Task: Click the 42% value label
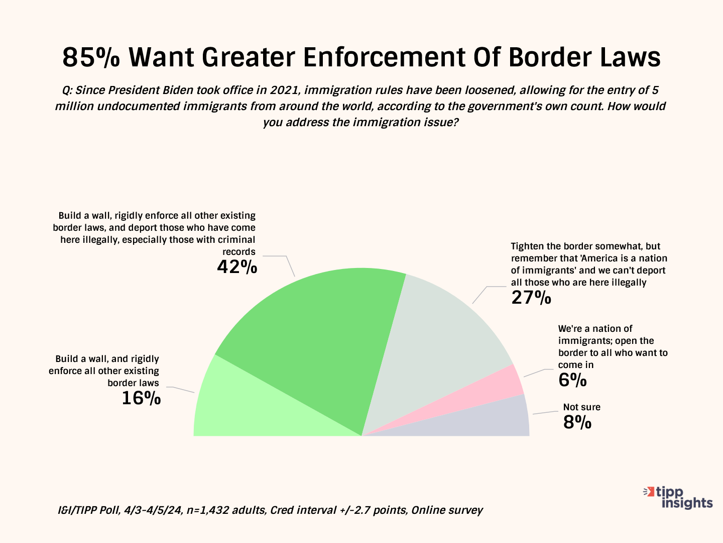click(237, 266)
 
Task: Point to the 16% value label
click(141, 398)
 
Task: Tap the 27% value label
click(531, 298)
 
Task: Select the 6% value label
click(572, 380)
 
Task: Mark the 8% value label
click(577, 422)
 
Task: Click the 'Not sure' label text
click(581, 407)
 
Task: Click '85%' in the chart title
click(91, 57)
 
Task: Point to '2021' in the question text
click(285, 90)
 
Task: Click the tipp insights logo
click(679, 497)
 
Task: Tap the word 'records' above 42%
click(239, 252)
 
